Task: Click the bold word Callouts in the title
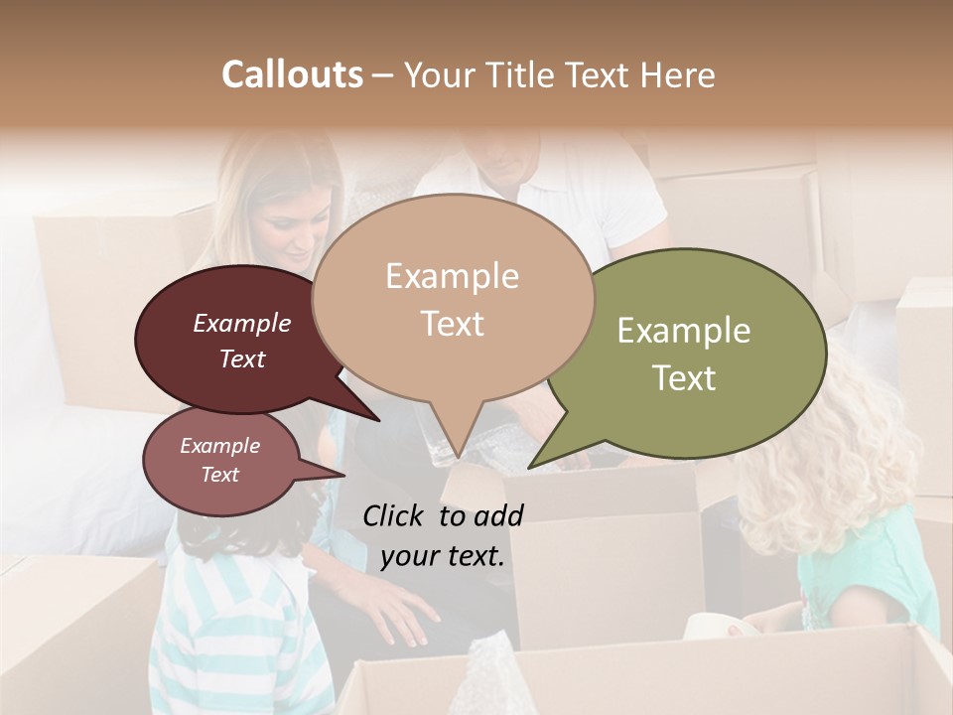[292, 75]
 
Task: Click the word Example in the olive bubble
[683, 331]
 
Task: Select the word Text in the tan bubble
[452, 324]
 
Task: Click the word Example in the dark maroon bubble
[241, 323]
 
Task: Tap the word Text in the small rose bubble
[219, 475]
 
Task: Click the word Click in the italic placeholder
[395, 515]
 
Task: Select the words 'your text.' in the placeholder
[442, 556]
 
